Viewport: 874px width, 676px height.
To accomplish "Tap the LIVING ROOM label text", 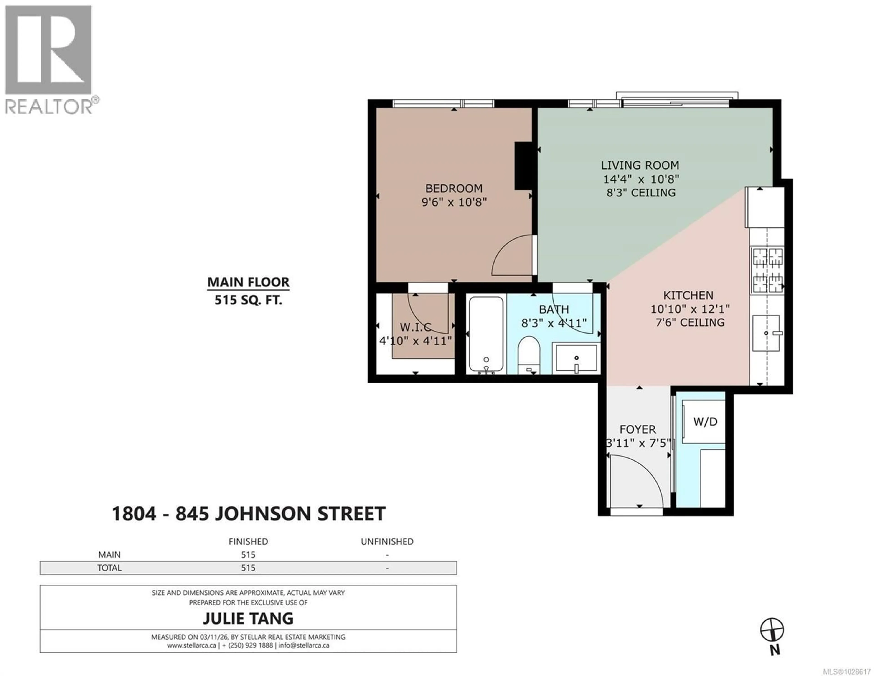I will click(640, 165).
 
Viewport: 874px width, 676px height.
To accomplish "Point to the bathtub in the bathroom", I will click(486, 334).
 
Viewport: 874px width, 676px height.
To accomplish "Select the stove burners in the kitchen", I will click(767, 270).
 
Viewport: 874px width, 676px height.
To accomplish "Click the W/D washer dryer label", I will click(705, 421).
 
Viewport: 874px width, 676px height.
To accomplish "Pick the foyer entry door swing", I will click(634, 480).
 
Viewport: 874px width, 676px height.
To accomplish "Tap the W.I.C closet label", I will click(415, 327).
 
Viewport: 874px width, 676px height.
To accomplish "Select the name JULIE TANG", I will click(248, 618).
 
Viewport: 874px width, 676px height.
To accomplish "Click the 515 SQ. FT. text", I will click(248, 300).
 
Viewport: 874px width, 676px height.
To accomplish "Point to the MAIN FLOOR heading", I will click(248, 282).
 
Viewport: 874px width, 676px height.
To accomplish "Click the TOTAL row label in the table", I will click(109, 568).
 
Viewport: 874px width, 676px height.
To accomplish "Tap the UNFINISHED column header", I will click(387, 541).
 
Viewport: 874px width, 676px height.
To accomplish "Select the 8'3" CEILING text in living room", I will click(641, 193).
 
